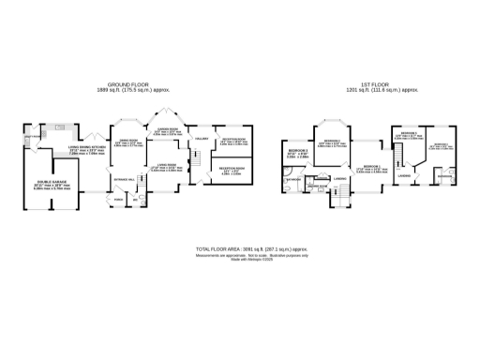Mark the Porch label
coord(119,200)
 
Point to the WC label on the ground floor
coord(136,200)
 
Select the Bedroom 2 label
coord(327,141)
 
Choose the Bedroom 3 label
coord(409,133)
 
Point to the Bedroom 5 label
coord(297,151)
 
